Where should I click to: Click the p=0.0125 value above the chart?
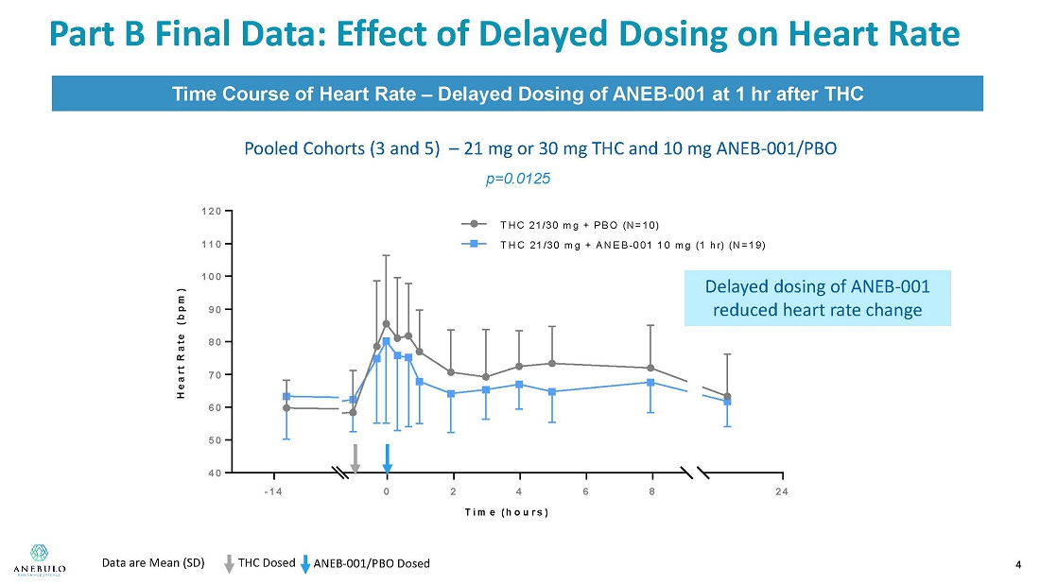pyautogui.click(x=517, y=179)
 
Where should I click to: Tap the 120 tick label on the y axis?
pyautogui.click(x=212, y=212)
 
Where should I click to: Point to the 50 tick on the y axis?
pyautogui.click(x=213, y=440)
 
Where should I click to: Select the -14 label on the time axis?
pyautogui.click(x=273, y=491)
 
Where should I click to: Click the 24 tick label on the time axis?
pyautogui.click(x=782, y=491)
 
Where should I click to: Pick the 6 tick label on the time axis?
pyautogui.click(x=585, y=491)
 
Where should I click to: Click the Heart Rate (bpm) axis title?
pyautogui.click(x=181, y=344)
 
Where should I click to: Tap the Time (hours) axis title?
pyautogui.click(x=507, y=512)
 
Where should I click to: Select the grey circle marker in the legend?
pyautogui.click(x=475, y=224)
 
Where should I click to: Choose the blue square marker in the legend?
pyautogui.click(x=475, y=244)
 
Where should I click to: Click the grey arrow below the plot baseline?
pyautogui.click(x=355, y=459)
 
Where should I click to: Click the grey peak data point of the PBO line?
pyautogui.click(x=386, y=324)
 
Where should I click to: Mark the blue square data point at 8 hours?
pyautogui.click(x=650, y=383)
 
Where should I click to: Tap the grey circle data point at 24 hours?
pyautogui.click(x=727, y=397)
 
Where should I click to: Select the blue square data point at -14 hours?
pyautogui.click(x=286, y=397)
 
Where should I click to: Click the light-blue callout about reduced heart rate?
pyautogui.click(x=817, y=298)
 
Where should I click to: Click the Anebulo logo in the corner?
pyautogui.click(x=39, y=560)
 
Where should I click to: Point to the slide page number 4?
pyautogui.click(x=1018, y=565)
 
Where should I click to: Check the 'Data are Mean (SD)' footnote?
pyautogui.click(x=153, y=563)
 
